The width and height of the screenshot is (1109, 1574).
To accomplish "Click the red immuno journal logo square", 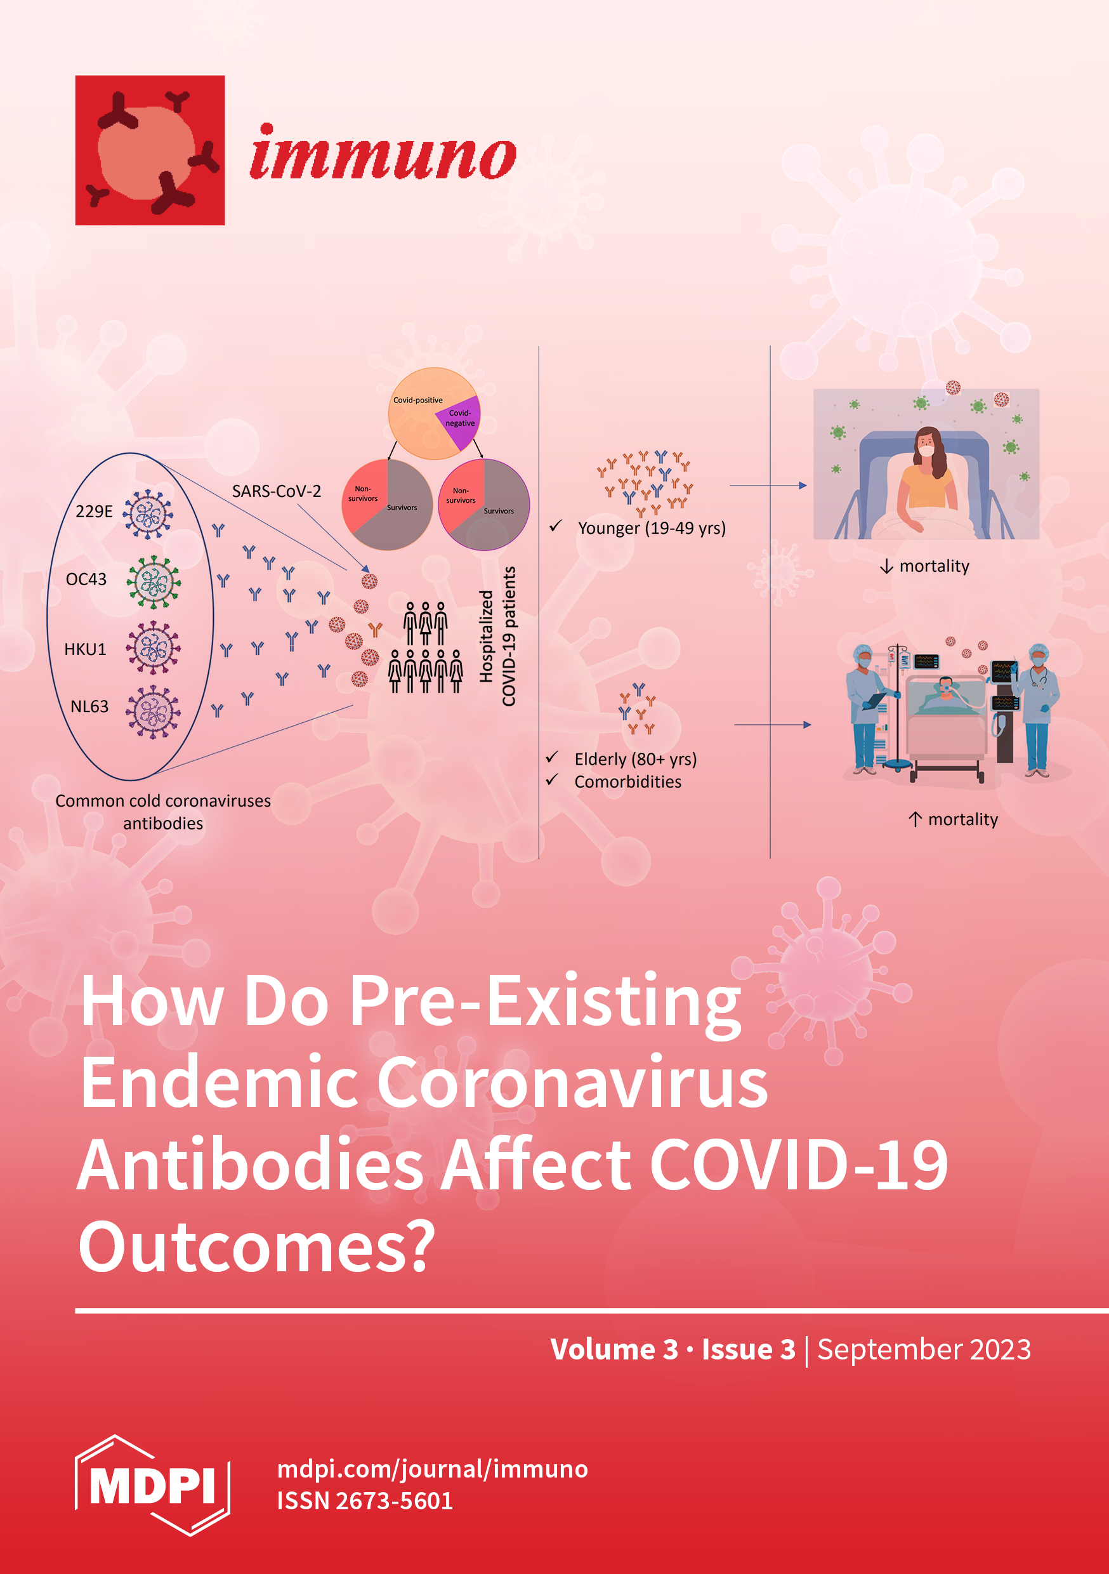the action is (150, 150).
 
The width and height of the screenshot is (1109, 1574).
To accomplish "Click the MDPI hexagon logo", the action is (152, 1486).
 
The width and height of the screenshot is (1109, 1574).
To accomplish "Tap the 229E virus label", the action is (94, 512).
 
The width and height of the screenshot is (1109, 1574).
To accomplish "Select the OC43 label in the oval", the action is (86, 579).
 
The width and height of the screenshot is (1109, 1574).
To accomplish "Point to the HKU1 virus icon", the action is (154, 648).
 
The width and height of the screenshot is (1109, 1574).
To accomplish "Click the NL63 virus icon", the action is (154, 711).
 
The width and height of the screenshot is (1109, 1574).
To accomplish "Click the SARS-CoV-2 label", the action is (276, 491).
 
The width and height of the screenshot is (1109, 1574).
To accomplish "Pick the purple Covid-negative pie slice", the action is (458, 421).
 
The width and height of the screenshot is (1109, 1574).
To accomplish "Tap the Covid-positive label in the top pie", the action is (418, 400).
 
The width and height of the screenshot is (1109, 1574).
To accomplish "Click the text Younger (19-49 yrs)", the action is (652, 529).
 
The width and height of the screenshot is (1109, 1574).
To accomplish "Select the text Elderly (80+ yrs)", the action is (635, 760).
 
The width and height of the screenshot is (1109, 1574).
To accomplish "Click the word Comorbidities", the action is (628, 781).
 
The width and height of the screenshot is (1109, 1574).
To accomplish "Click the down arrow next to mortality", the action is (886, 566).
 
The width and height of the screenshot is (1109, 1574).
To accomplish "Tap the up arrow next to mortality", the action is (915, 819).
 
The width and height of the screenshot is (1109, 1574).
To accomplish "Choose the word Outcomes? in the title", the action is (257, 1247).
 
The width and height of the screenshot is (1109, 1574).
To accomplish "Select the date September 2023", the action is (924, 1349).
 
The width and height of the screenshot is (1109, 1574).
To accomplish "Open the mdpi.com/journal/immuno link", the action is (433, 1469).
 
